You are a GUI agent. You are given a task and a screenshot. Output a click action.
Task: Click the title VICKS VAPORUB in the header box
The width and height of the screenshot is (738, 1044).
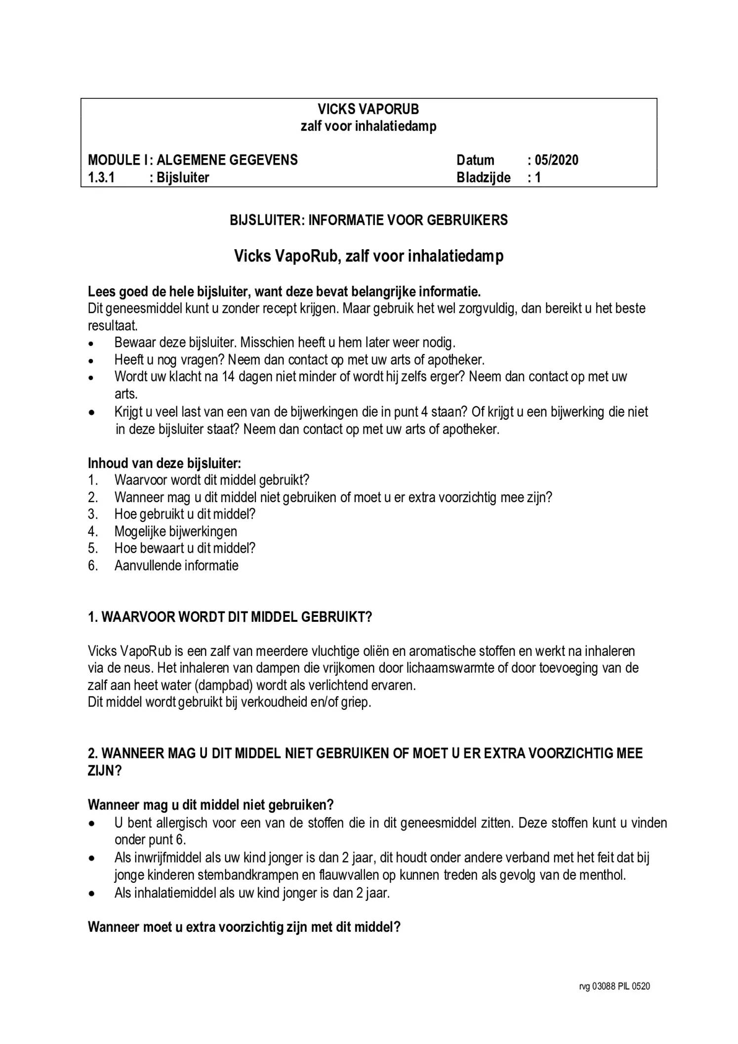[x=368, y=109]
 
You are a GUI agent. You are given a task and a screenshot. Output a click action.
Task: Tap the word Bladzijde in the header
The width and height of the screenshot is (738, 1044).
[x=483, y=177]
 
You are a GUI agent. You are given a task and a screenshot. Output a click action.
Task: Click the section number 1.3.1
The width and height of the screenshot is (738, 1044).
[x=101, y=177]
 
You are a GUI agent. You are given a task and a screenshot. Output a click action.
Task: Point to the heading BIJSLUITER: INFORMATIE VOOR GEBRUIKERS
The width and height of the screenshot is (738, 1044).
[x=369, y=220]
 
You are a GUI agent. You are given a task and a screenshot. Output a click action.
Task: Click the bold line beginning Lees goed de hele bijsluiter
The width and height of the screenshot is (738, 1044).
[x=284, y=291]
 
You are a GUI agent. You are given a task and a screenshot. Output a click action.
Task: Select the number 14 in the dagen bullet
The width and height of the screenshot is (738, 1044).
[x=228, y=377]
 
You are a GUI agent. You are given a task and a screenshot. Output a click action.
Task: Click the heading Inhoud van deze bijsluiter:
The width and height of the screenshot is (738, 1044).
[x=164, y=463]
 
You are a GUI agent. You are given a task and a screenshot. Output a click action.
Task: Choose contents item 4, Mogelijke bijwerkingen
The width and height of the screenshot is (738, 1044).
[x=175, y=531]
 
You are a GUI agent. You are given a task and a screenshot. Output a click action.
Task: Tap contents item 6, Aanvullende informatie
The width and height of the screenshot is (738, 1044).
[x=176, y=565]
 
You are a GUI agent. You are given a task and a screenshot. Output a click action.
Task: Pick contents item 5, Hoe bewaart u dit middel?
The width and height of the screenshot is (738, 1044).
[x=185, y=548]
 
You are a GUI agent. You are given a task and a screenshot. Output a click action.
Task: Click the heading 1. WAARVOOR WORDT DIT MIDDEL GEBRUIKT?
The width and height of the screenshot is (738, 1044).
[x=230, y=617]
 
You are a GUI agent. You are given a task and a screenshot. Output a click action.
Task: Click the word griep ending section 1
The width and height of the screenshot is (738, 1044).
[x=355, y=702]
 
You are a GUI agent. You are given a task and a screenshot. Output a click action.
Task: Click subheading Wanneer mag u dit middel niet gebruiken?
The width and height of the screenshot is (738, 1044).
[x=210, y=805]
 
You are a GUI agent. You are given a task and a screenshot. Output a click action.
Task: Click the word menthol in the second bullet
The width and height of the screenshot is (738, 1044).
[x=602, y=875]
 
